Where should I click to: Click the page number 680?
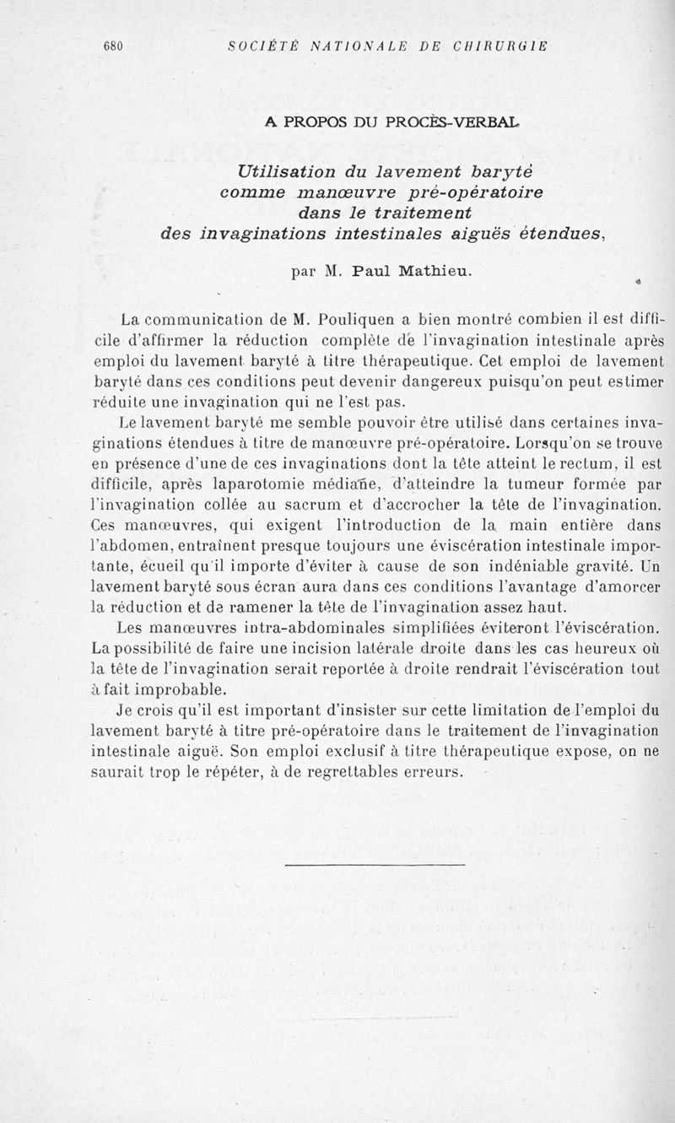[113, 47]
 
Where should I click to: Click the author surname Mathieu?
[424, 272]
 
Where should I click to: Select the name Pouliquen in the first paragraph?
[354, 321]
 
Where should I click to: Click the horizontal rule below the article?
[375, 864]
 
